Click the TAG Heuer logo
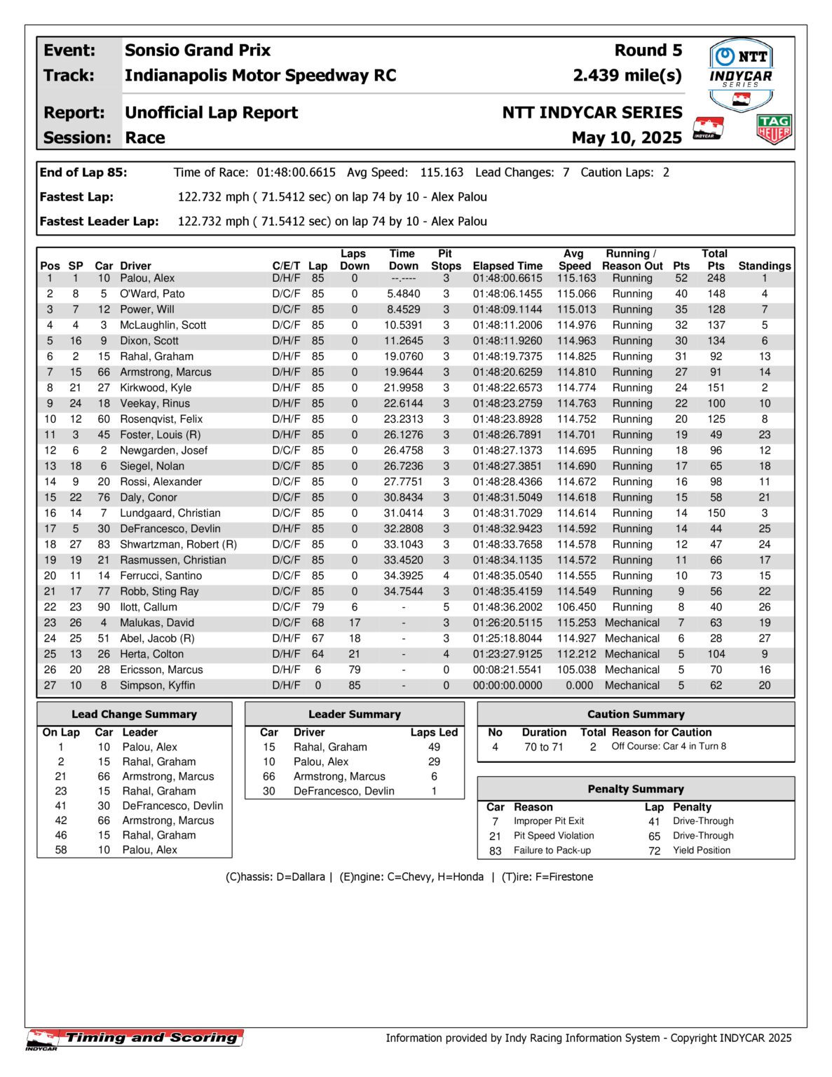[774, 130]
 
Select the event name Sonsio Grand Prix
[198, 50]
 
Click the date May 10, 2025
[627, 137]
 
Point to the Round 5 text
[648, 50]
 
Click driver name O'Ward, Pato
[152, 294]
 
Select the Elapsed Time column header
[507, 266]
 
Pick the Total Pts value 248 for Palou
[716, 278]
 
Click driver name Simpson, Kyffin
[157, 686]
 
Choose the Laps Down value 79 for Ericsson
[355, 670]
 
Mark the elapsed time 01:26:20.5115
[507, 623]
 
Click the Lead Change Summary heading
[134, 714]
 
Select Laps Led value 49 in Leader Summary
[434, 747]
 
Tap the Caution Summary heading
[636, 714]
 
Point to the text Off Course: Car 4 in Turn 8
[669, 746]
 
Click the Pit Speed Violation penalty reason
[554, 836]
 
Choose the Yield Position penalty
[702, 851]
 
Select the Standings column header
[764, 266]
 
